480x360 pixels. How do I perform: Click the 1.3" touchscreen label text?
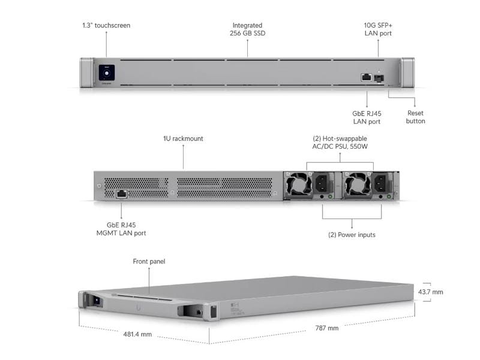point(106,26)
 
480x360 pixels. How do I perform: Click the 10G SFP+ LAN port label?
point(379,29)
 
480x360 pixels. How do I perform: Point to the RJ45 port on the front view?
point(365,77)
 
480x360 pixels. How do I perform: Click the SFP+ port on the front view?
point(379,77)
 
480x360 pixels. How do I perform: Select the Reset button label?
point(416,117)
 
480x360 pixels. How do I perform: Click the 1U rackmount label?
point(183,139)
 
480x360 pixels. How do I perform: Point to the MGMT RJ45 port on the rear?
point(122,194)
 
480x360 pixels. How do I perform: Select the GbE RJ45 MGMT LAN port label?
point(121,229)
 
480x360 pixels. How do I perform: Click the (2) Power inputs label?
point(352,235)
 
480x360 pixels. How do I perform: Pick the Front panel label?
point(149,262)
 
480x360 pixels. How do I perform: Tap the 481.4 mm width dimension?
point(137,334)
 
